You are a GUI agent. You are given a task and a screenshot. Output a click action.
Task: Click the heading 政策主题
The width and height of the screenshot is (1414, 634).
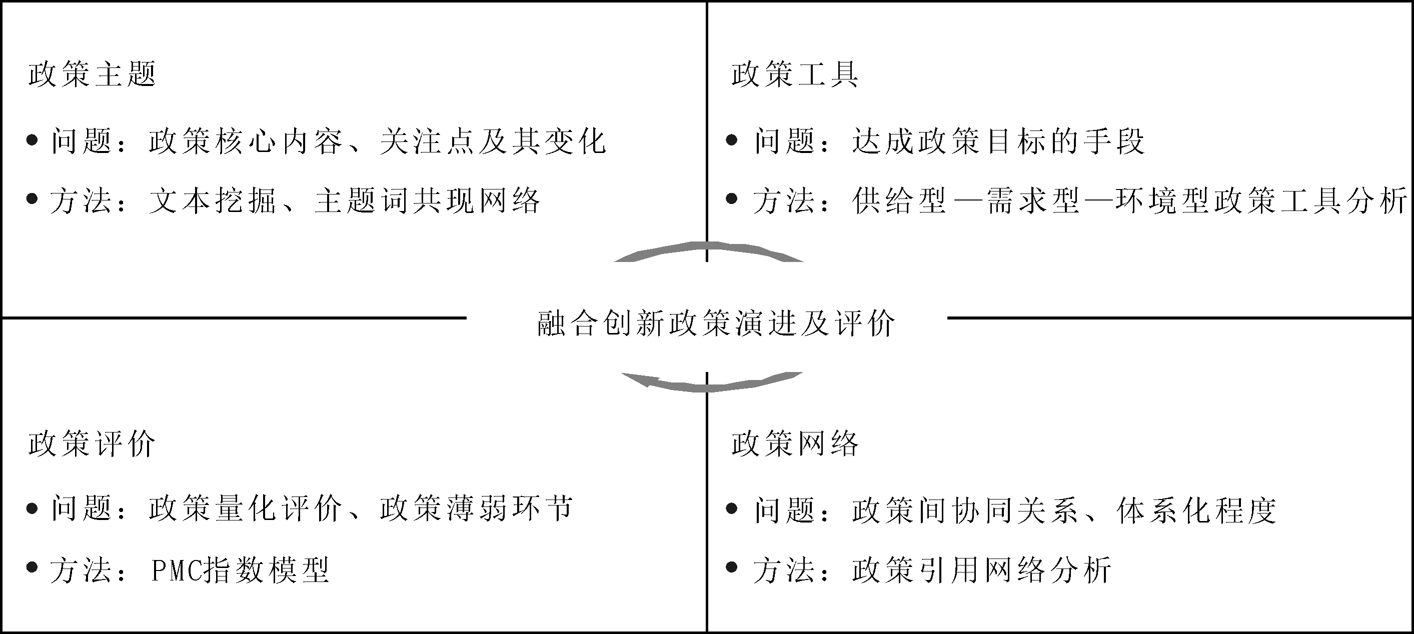(x=92, y=74)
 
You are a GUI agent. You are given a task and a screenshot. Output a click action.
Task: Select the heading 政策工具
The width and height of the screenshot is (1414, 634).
(x=795, y=74)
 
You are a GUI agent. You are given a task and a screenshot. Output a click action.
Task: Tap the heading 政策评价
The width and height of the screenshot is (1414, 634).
(x=92, y=443)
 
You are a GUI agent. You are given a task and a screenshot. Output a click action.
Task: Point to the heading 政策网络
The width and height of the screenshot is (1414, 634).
(x=795, y=443)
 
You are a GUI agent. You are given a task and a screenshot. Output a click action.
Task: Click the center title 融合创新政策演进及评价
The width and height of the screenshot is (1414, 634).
(x=716, y=323)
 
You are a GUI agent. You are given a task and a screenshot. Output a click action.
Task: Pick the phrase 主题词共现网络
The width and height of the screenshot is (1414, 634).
(x=428, y=201)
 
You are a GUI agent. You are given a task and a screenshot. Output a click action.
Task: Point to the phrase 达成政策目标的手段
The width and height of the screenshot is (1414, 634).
(x=998, y=141)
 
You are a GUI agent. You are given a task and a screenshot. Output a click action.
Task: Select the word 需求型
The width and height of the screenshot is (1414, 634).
(x=1033, y=201)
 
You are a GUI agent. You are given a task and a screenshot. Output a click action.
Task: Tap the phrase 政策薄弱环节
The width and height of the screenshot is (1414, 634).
(x=477, y=507)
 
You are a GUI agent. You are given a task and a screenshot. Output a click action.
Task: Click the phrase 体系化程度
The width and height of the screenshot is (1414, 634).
(x=1196, y=510)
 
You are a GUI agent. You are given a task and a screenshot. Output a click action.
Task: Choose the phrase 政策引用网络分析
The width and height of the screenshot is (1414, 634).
(x=982, y=570)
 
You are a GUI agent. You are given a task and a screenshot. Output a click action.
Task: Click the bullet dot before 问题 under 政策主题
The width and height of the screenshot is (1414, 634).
(x=32, y=140)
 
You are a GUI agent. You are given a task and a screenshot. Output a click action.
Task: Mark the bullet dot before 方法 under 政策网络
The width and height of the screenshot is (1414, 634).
(x=731, y=567)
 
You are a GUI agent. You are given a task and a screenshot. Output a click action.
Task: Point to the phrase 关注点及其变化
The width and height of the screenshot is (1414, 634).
(x=493, y=141)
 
